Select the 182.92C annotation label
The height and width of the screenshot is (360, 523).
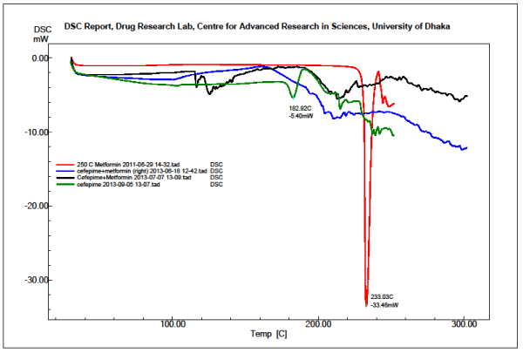(x=302, y=108)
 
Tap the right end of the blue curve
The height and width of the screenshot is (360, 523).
(x=467, y=147)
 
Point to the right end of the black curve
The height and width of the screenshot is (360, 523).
(x=467, y=96)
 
